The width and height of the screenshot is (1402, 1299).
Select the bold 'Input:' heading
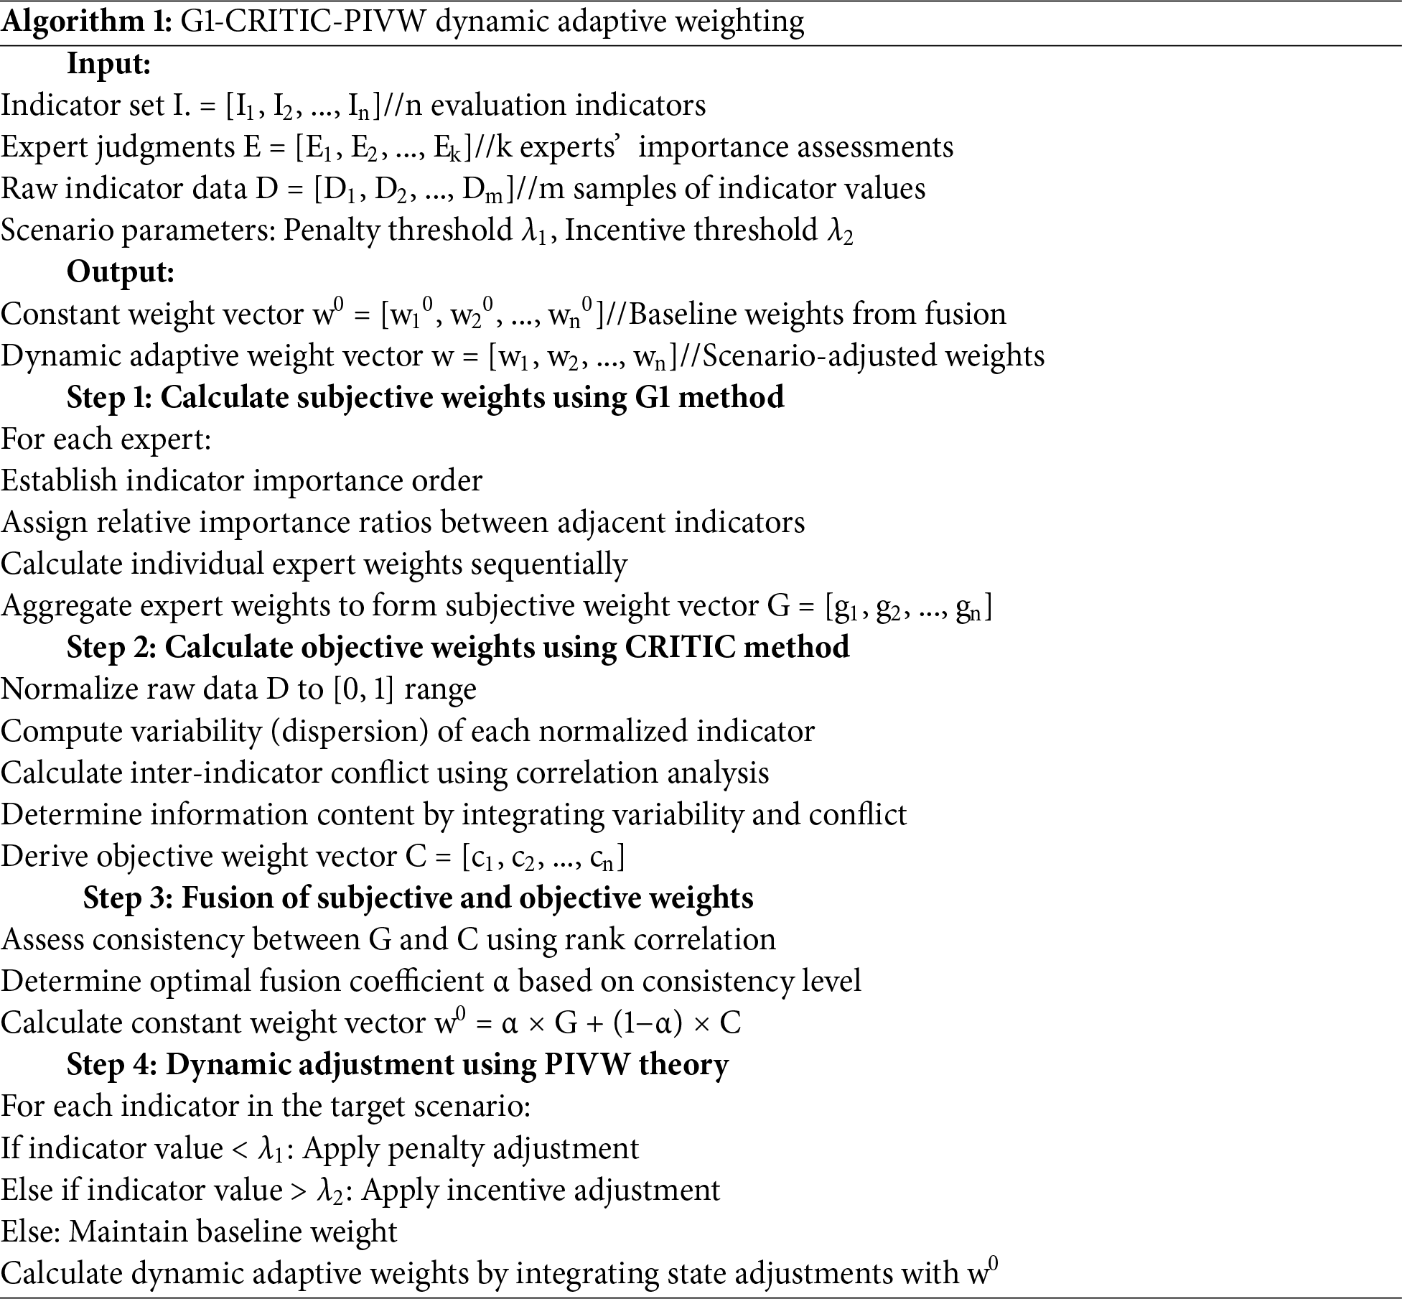point(109,64)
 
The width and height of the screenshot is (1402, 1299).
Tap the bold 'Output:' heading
point(121,272)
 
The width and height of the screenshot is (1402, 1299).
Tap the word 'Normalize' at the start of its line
point(70,689)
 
